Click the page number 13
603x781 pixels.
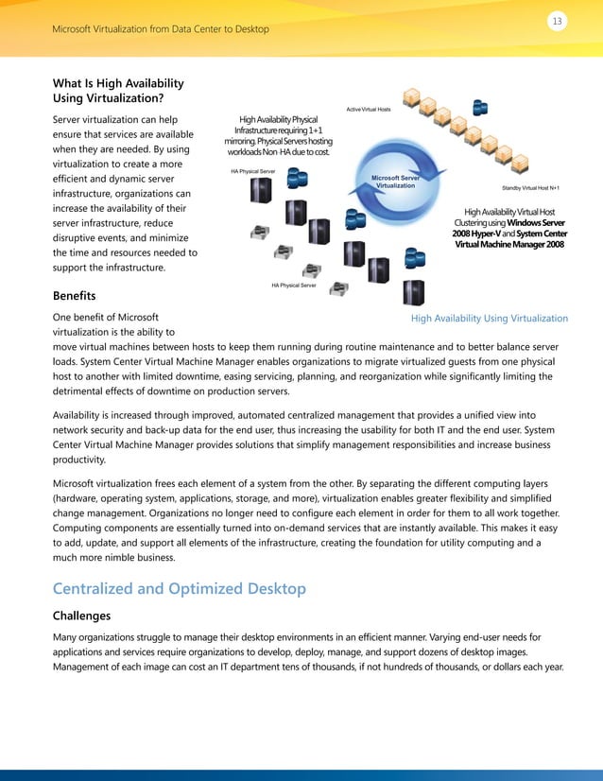[x=557, y=20]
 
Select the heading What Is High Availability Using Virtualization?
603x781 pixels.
[x=118, y=91]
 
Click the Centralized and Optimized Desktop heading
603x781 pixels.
[x=180, y=588]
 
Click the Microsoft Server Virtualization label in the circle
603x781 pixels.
[x=395, y=181]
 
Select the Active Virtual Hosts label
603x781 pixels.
[x=369, y=110]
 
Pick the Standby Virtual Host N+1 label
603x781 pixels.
[x=530, y=189]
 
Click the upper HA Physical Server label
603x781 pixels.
[x=252, y=171]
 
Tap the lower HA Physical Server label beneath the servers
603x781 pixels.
[x=293, y=285]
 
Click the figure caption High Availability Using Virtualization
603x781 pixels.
[x=490, y=319]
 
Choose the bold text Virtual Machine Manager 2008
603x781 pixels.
[x=510, y=244]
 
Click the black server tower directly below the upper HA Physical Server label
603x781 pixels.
[x=260, y=192]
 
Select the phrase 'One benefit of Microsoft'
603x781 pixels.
[x=106, y=318]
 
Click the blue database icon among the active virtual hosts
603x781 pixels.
[x=480, y=106]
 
